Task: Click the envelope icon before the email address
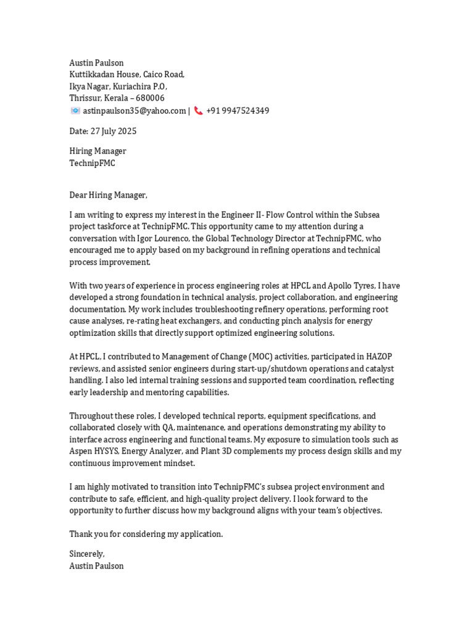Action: tap(75, 111)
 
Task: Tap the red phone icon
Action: tap(198, 111)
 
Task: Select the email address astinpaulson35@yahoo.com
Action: tap(135, 111)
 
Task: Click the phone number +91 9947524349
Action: tap(238, 111)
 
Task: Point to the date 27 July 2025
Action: tap(114, 131)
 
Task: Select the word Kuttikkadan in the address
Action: tap(91, 75)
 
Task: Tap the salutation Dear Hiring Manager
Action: tap(108, 195)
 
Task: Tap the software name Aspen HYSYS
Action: tap(93, 451)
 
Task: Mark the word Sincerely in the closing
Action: tap(86, 554)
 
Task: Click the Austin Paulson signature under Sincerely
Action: tap(96, 566)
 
